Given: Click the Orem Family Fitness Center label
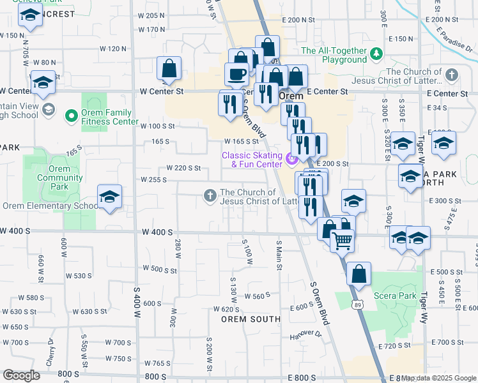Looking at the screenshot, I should point(111,117).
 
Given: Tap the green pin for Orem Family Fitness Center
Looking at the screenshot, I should point(72,116).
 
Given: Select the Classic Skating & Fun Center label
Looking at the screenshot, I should point(252,160).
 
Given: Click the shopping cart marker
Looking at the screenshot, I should point(343,240).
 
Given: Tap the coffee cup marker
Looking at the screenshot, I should point(236,73).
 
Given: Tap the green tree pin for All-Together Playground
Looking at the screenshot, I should point(377,52).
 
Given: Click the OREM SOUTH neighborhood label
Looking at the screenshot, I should point(251,319).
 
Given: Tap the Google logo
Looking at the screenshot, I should point(21,375).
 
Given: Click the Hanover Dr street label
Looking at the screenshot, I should point(305,334).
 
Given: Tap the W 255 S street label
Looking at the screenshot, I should point(153,180).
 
